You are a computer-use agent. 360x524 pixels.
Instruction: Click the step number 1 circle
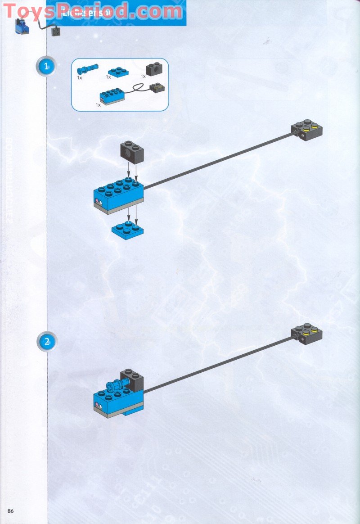(45, 67)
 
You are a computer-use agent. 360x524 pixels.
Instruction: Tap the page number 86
(11, 510)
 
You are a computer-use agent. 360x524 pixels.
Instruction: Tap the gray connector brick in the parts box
(157, 87)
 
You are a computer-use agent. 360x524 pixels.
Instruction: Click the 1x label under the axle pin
(79, 77)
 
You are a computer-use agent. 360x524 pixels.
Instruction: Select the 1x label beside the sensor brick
(98, 104)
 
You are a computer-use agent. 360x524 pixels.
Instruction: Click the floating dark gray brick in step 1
(131, 153)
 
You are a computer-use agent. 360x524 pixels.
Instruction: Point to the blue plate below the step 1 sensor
(127, 230)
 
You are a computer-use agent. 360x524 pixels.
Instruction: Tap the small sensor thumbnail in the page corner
(21, 27)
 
